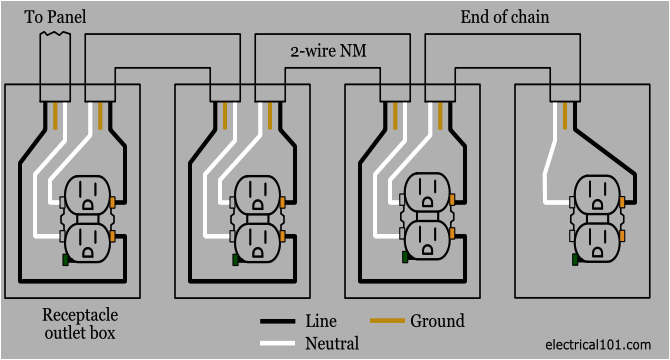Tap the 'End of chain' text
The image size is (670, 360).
click(505, 16)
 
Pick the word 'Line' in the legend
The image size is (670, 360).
click(321, 322)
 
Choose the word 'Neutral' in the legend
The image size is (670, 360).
click(332, 343)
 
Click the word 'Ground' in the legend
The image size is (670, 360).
click(437, 321)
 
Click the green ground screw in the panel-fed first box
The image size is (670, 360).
click(65, 260)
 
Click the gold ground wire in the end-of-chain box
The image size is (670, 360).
click(572, 115)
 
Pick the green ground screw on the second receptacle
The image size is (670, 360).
click(235, 260)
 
